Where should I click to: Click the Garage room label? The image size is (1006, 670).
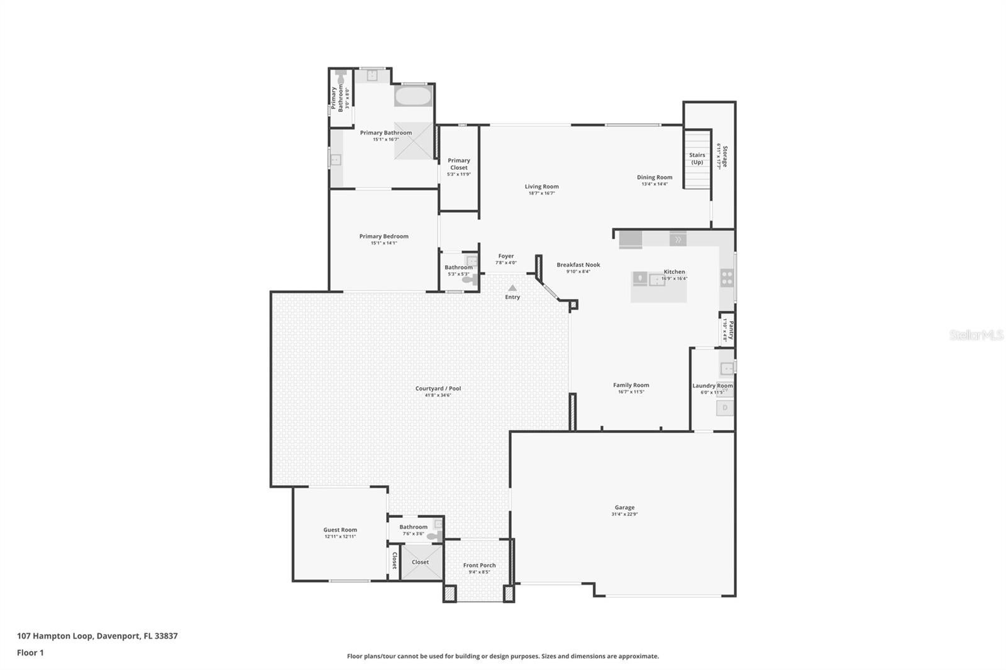(x=624, y=507)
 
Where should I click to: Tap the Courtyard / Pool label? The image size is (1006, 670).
(x=438, y=388)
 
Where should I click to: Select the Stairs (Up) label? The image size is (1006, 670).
(x=697, y=158)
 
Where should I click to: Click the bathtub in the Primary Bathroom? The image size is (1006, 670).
(x=412, y=97)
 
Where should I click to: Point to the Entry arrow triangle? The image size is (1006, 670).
(x=512, y=288)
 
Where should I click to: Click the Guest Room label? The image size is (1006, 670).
(x=340, y=530)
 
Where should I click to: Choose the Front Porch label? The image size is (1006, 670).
(x=479, y=565)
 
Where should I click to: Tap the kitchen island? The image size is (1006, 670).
(x=658, y=287)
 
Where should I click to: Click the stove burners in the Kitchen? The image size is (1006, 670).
(x=727, y=278)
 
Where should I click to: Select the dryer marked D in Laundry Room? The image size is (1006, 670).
(x=725, y=408)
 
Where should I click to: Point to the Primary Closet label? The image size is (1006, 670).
(x=459, y=164)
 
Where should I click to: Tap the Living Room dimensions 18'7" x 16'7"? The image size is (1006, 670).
(x=541, y=194)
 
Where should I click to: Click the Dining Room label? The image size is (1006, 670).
(x=655, y=177)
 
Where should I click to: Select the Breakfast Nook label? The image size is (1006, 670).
(x=578, y=265)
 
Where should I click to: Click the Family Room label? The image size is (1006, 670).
(x=631, y=385)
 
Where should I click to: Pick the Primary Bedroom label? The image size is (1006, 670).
(x=384, y=236)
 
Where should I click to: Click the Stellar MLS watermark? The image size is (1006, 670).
(x=976, y=335)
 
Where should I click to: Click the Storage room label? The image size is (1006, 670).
(x=724, y=157)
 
